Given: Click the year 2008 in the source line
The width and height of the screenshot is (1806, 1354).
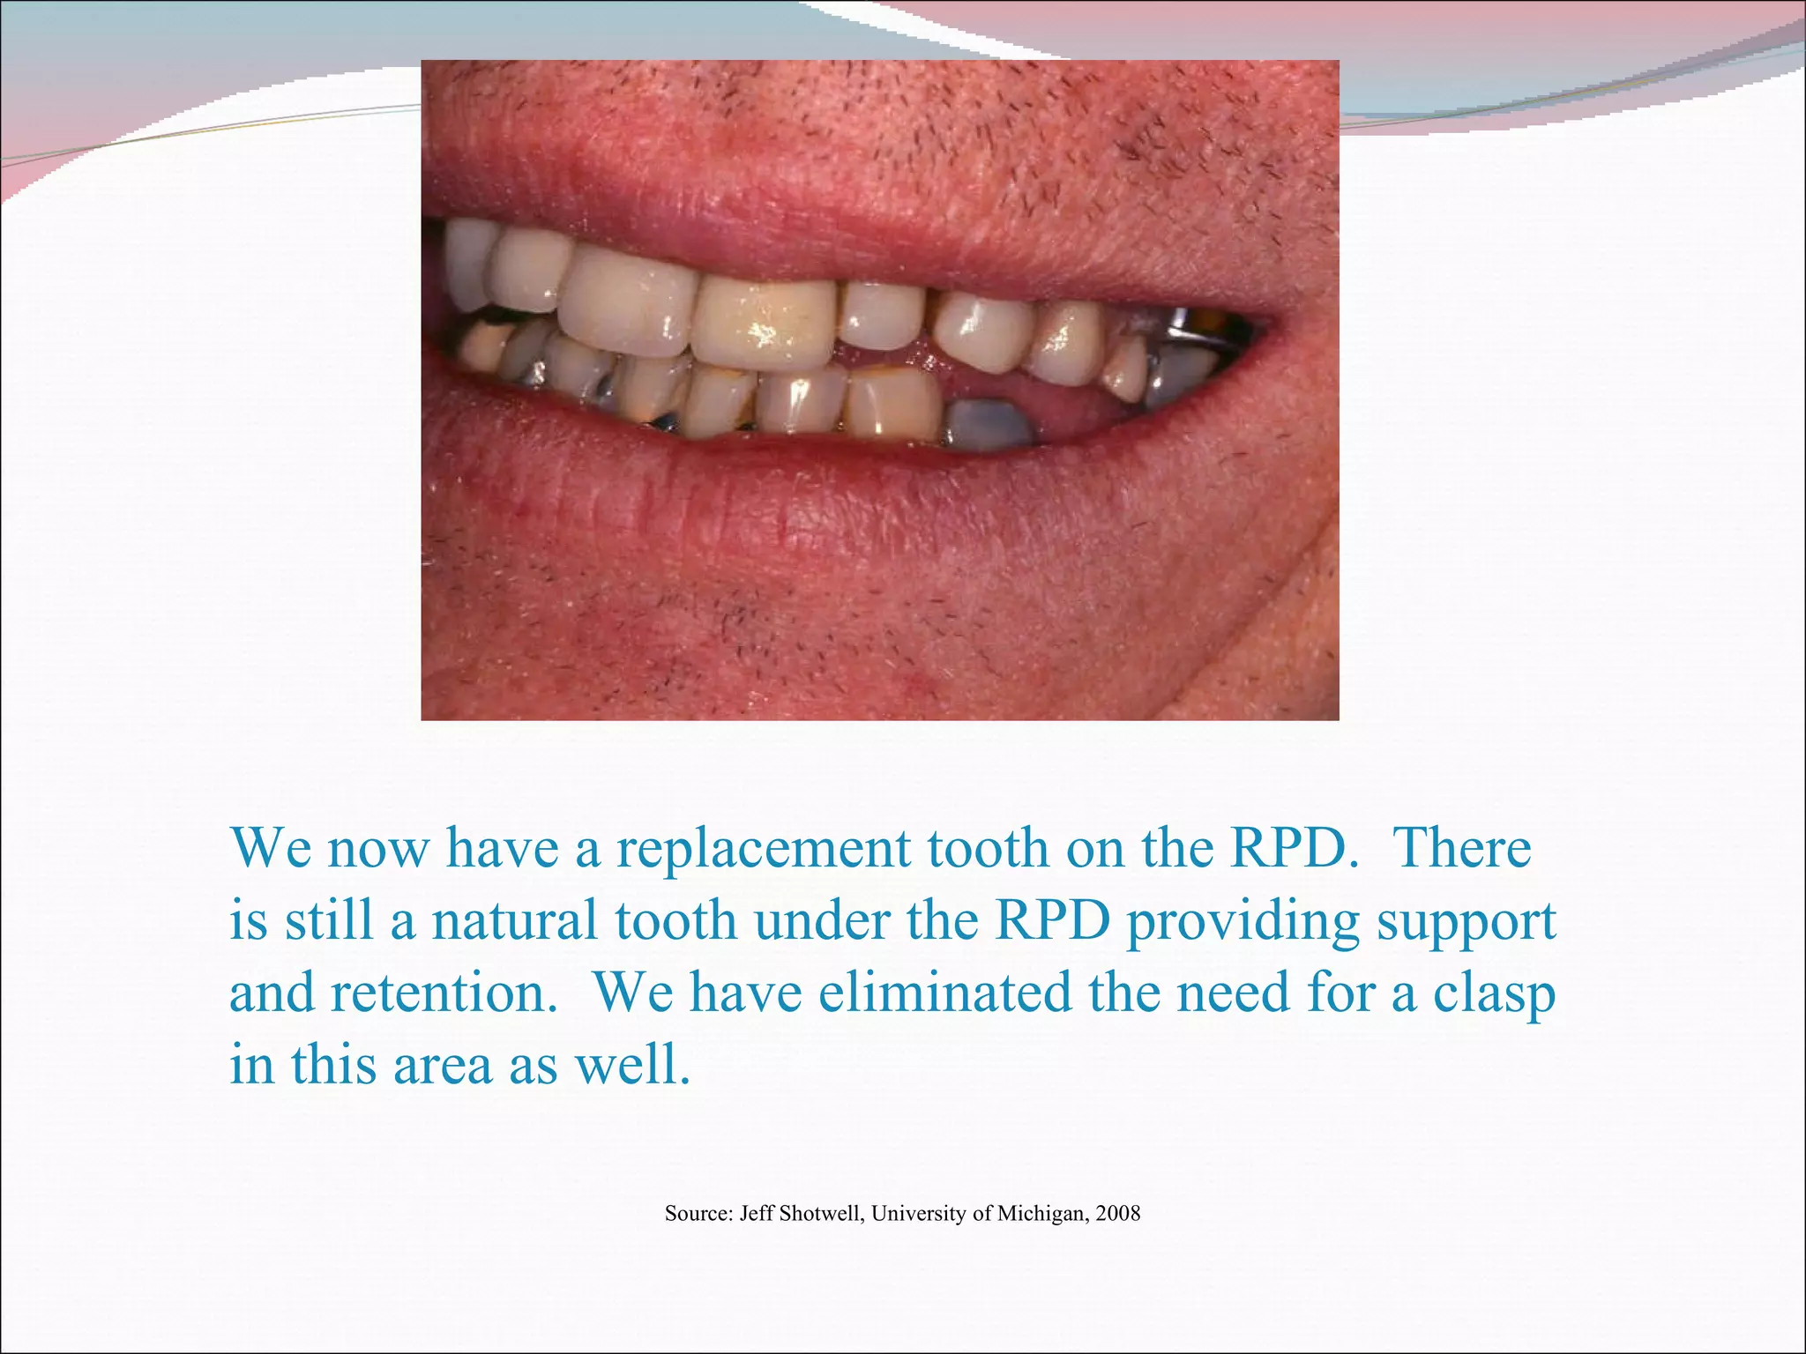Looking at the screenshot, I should [1117, 1214].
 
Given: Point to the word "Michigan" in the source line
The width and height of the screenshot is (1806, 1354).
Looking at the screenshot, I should [1041, 1215].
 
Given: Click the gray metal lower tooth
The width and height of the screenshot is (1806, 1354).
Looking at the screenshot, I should [989, 424].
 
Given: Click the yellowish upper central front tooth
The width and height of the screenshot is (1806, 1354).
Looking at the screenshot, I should [765, 323].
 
